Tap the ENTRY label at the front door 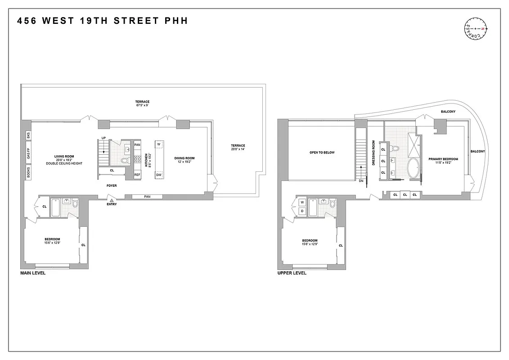click(112, 204)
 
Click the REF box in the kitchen click(137, 174)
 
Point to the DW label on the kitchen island click(159, 175)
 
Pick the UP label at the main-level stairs click(103, 138)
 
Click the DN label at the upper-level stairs click(361, 181)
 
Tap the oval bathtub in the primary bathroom click(413, 169)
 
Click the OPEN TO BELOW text click(322, 153)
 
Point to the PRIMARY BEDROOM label click(443, 159)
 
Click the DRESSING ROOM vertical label click(373, 153)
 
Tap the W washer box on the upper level click(302, 202)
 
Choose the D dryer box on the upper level click(302, 211)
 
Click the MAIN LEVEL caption click(33, 273)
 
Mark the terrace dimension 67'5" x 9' click(142, 106)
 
